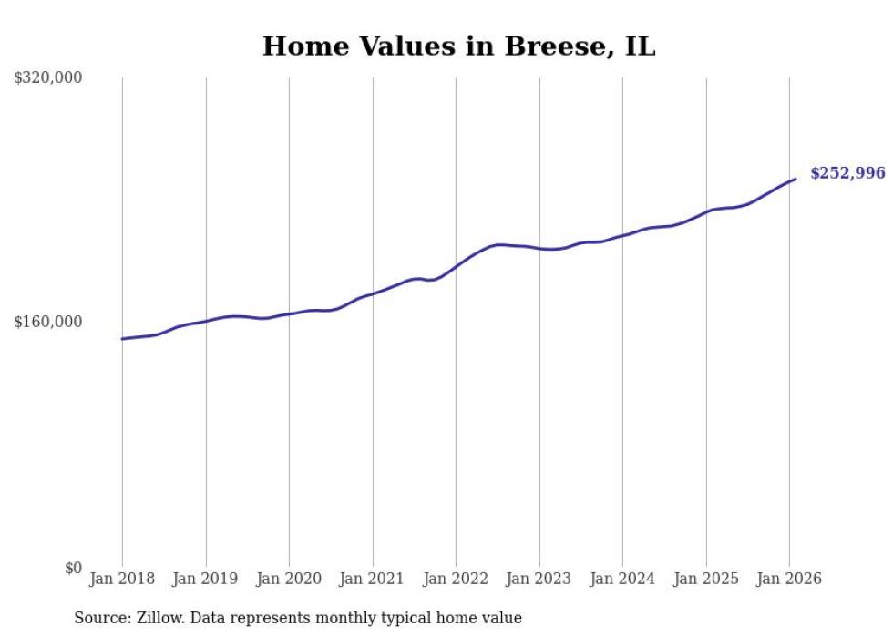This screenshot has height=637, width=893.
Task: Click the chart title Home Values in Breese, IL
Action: pyautogui.click(x=458, y=46)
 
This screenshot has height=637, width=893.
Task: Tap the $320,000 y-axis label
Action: pyautogui.click(x=48, y=77)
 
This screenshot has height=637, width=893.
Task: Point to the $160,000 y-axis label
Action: pyautogui.click(x=48, y=322)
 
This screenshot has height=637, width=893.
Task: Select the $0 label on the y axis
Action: pyautogui.click(x=73, y=568)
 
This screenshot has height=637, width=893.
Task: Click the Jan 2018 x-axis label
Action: pyautogui.click(x=122, y=579)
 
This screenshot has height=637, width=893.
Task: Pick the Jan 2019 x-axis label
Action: pyautogui.click(x=205, y=579)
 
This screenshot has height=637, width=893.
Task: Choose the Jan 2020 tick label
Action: pyautogui.click(x=289, y=579)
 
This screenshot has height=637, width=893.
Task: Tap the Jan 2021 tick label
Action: pyautogui.click(x=372, y=579)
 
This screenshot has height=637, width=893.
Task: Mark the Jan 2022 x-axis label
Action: pyautogui.click(x=456, y=579)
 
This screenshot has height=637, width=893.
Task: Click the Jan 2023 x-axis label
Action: pyautogui.click(x=539, y=579)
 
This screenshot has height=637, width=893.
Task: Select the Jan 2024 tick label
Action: pyautogui.click(x=622, y=579)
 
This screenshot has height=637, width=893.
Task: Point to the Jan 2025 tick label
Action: pyautogui.click(x=705, y=579)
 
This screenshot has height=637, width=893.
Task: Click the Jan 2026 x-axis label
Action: pyautogui.click(x=789, y=579)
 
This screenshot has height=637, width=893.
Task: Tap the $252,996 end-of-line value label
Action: pyautogui.click(x=847, y=173)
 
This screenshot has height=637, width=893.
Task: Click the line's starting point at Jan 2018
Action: pyautogui.click(x=122, y=339)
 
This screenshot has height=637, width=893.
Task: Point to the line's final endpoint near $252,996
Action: pyautogui.click(x=796, y=179)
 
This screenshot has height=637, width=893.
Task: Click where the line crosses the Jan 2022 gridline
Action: pyautogui.click(x=456, y=266)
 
